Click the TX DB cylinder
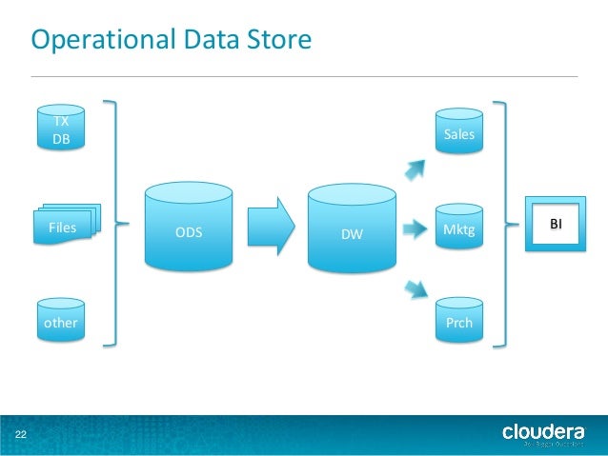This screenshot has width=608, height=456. click(60, 130)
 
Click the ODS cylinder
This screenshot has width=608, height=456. click(188, 228)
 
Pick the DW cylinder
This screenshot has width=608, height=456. click(353, 228)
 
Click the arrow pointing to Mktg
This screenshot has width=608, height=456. click(414, 228)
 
